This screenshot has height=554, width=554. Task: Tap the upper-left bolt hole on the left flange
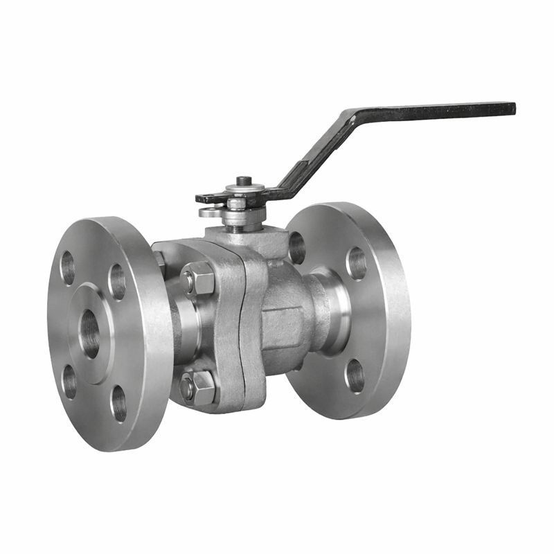point(68,267)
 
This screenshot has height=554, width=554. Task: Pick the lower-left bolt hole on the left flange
point(69,380)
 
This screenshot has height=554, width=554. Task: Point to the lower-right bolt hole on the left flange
point(118,402)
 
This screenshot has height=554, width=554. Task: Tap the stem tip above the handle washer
point(243,181)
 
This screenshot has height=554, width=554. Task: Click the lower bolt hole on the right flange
point(355,375)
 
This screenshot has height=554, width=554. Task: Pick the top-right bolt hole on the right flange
point(357,263)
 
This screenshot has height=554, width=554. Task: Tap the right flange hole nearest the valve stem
point(296,247)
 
